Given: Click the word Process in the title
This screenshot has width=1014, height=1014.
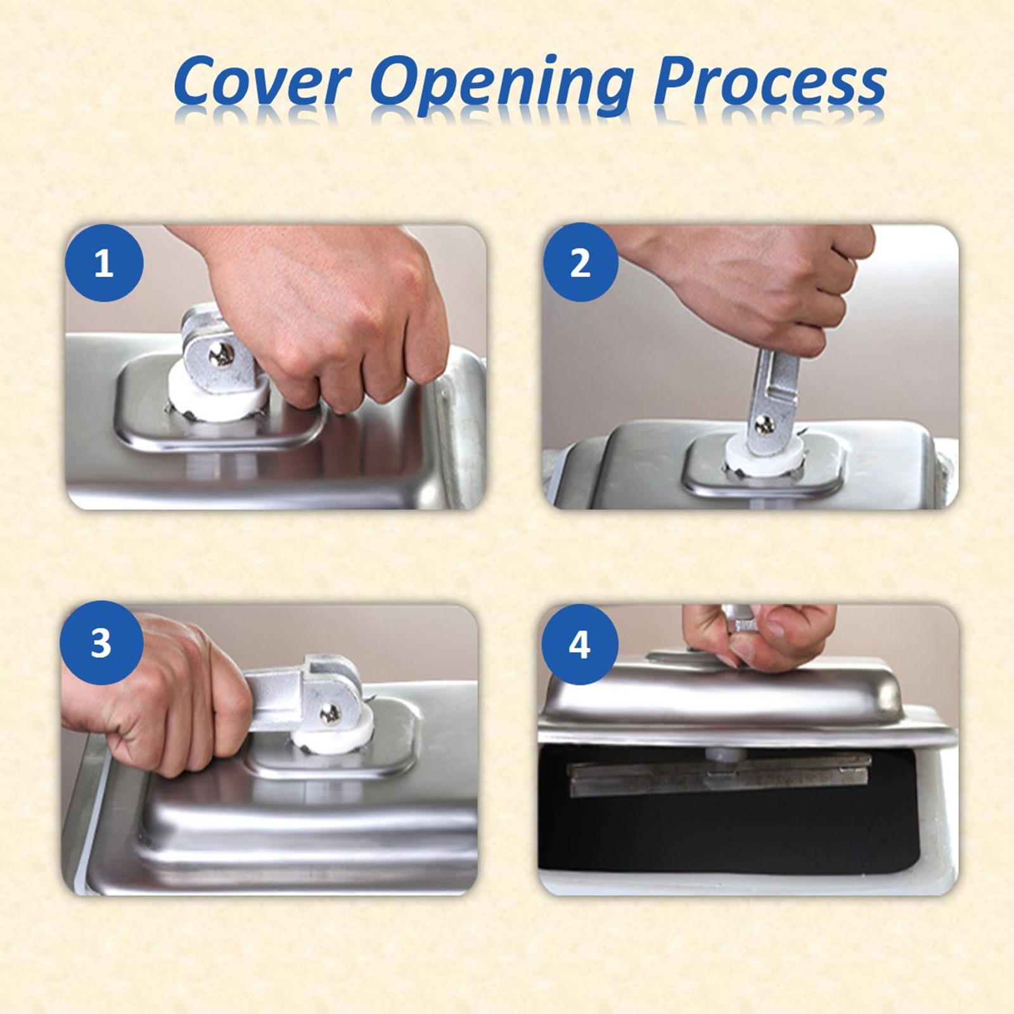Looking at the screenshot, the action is click(x=770, y=83).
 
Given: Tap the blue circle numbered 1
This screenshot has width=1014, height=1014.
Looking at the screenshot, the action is click(x=104, y=262).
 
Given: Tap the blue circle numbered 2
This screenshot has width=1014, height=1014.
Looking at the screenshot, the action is click(x=581, y=262).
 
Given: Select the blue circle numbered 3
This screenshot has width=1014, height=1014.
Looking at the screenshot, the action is click(x=101, y=643).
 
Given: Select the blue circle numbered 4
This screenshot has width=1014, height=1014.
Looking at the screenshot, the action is click(x=579, y=645).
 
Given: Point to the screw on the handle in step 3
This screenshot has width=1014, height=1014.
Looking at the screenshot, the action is click(x=330, y=714).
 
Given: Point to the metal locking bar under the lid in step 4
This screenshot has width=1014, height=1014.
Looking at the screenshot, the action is click(x=719, y=774).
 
